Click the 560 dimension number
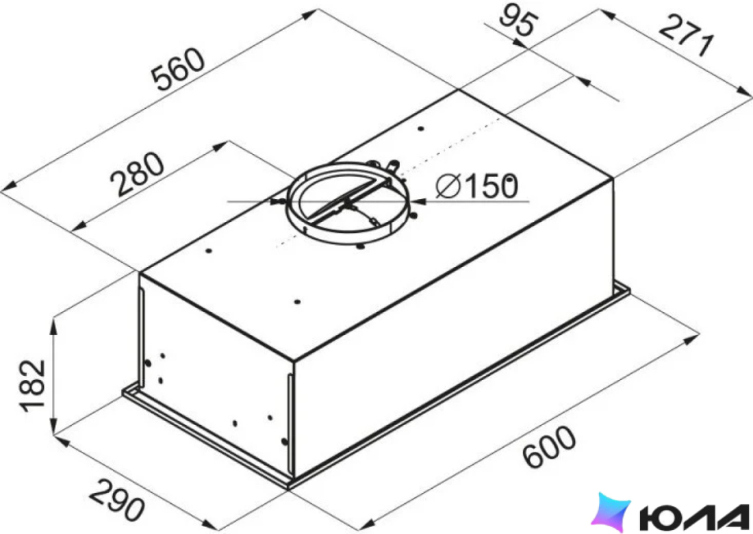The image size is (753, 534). tap(179, 68)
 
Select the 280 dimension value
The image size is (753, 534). tap(138, 174)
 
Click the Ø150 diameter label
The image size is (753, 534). tap(477, 186)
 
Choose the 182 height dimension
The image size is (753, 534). tap(32, 385)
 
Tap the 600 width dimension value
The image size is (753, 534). tap(549, 446)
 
